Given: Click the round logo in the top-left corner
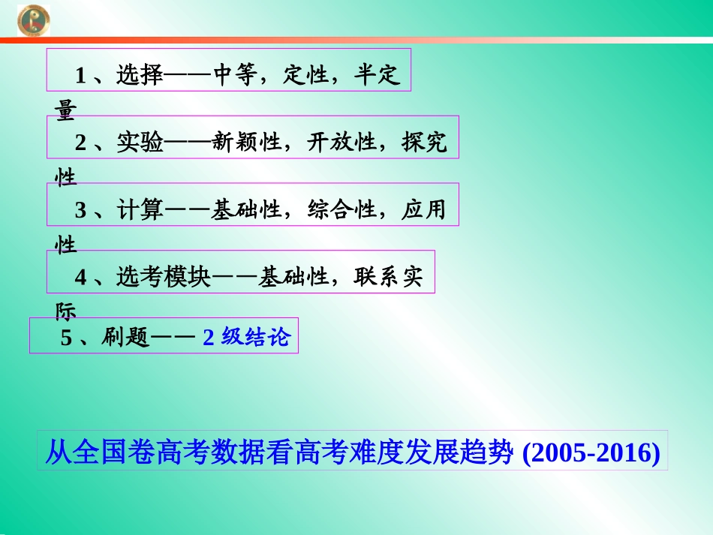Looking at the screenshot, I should pos(33,19).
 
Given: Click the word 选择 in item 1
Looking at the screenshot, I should pos(140,75).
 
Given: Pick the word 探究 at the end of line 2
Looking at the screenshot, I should pos(424,143).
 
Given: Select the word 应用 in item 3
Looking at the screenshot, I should pos(424,210).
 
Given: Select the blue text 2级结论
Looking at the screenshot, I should pos(245,338).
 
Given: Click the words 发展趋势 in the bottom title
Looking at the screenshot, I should pos(466,453).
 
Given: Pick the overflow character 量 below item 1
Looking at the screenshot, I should pos(66,110).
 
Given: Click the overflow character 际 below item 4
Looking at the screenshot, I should pos(66,311).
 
